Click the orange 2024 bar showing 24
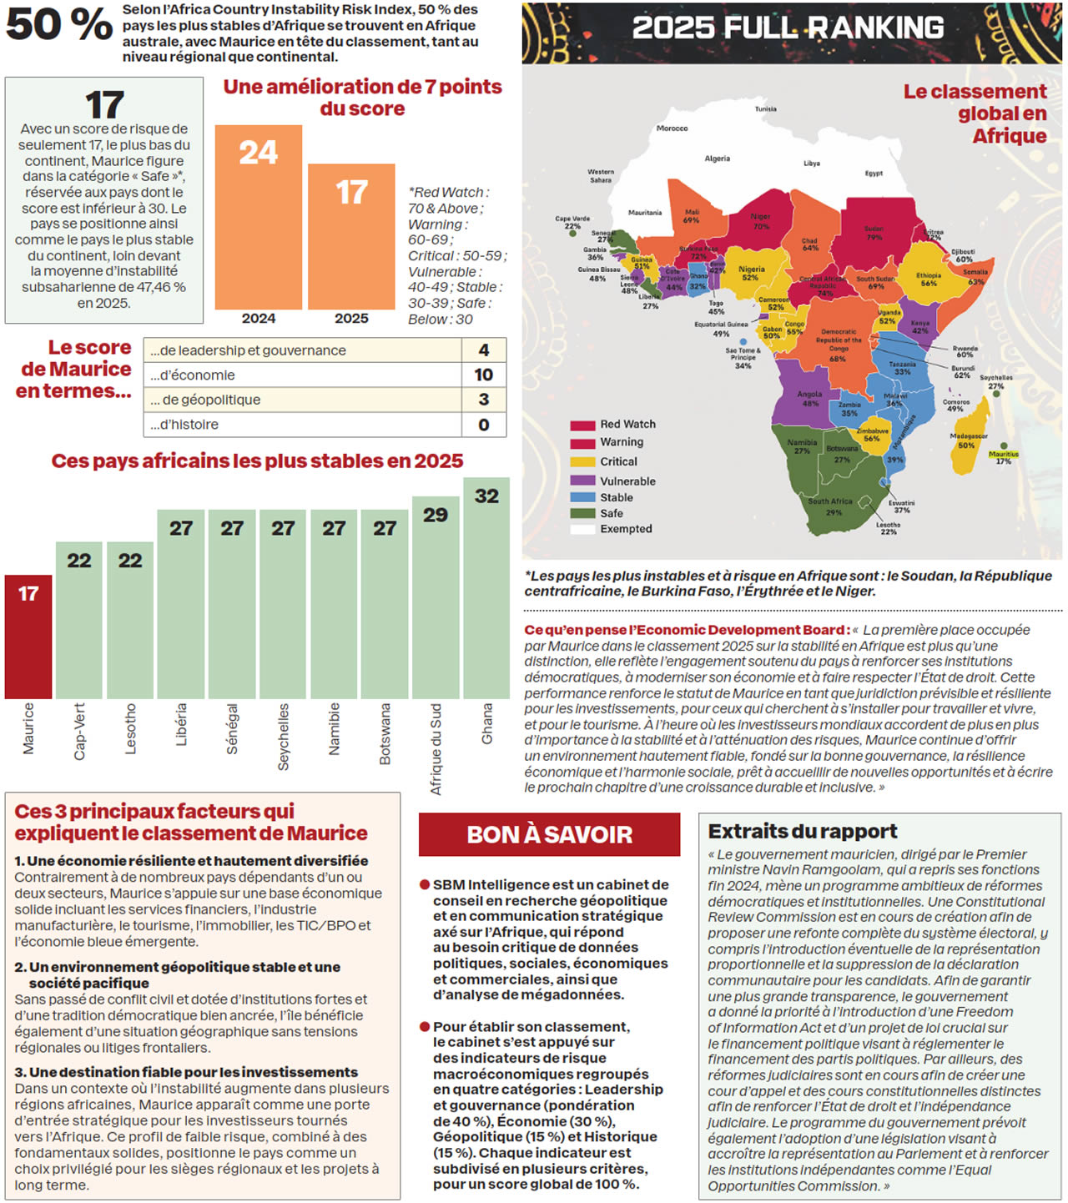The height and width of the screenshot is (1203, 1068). click(x=258, y=217)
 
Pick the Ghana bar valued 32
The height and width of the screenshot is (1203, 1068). click(x=486, y=587)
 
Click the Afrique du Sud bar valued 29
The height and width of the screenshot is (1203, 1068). click(x=436, y=596)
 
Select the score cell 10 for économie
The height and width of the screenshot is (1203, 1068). click(x=484, y=375)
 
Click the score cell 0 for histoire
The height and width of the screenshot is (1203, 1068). click(x=484, y=425)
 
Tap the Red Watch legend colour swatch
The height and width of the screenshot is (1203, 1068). click(x=582, y=425)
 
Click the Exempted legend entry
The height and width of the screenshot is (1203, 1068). click(x=626, y=529)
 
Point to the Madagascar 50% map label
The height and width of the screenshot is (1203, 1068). click(x=968, y=440)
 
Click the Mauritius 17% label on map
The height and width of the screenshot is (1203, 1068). click(x=1003, y=457)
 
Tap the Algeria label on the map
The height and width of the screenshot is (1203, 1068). click(x=718, y=159)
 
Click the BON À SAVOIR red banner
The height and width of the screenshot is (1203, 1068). click(x=549, y=834)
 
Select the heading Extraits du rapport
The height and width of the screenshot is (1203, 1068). click(x=803, y=831)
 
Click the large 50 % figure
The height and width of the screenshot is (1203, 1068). click(x=58, y=25)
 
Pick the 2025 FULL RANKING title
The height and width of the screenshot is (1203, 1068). click(x=788, y=28)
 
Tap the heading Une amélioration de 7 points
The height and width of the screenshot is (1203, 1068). click(x=362, y=98)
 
